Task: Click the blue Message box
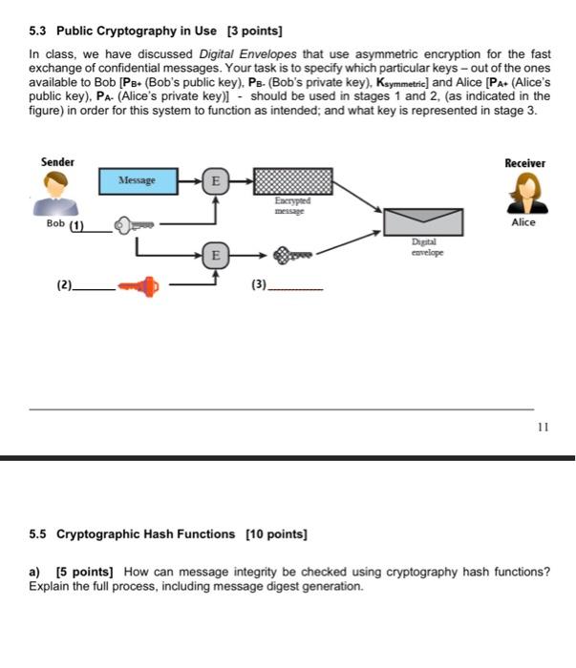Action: point(137,179)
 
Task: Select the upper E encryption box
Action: point(215,179)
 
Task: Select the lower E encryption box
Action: point(215,255)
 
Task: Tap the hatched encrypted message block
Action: point(291,180)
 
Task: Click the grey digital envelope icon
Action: point(423,222)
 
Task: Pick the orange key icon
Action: point(138,285)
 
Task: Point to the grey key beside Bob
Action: point(134,225)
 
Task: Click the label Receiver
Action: point(524,163)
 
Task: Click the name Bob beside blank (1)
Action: point(55,225)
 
